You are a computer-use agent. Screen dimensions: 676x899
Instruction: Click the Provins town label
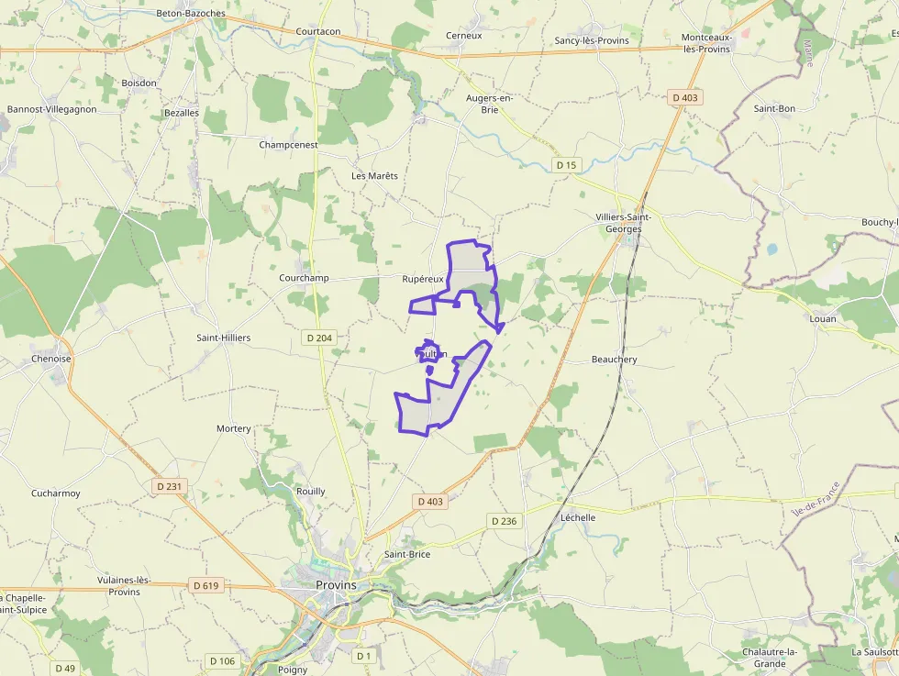[x=336, y=584]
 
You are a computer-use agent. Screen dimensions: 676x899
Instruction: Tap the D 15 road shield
[x=567, y=165]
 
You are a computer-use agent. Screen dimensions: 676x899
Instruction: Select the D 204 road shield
[x=319, y=338]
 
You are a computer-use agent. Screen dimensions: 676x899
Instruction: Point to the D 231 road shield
[x=171, y=485]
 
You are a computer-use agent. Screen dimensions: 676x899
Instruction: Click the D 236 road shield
[x=504, y=521]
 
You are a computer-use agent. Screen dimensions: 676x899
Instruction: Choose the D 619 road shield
[x=206, y=585]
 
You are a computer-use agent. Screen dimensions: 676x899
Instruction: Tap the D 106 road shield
[x=222, y=660]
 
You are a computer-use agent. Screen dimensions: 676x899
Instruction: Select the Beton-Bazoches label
[x=191, y=14]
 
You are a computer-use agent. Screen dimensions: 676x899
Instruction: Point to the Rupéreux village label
[x=423, y=278]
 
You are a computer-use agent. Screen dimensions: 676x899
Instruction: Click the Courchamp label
[x=304, y=277]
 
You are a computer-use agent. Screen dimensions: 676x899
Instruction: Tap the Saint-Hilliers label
[x=223, y=338]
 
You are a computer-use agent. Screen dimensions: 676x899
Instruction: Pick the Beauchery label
[x=614, y=360]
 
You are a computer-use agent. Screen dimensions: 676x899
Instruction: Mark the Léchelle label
[x=578, y=517]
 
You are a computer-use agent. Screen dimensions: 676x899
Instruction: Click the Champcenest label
[x=288, y=145]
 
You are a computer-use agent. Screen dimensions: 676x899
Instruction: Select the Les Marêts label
[x=374, y=175]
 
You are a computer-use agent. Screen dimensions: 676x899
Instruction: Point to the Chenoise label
[x=51, y=359]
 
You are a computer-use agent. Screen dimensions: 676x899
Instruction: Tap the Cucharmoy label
[x=56, y=493]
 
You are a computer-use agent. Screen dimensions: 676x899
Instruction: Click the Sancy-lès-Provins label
[x=592, y=40]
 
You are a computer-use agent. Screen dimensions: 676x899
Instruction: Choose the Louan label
[x=823, y=319]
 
